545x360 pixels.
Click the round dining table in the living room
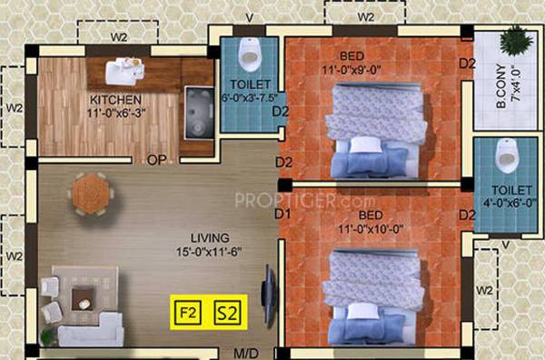coord(90,192)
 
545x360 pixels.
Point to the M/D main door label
coord(246,352)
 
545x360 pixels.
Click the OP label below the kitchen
coord(154,161)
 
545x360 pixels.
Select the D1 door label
coord(282,215)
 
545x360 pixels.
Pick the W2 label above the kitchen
coord(118,38)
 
